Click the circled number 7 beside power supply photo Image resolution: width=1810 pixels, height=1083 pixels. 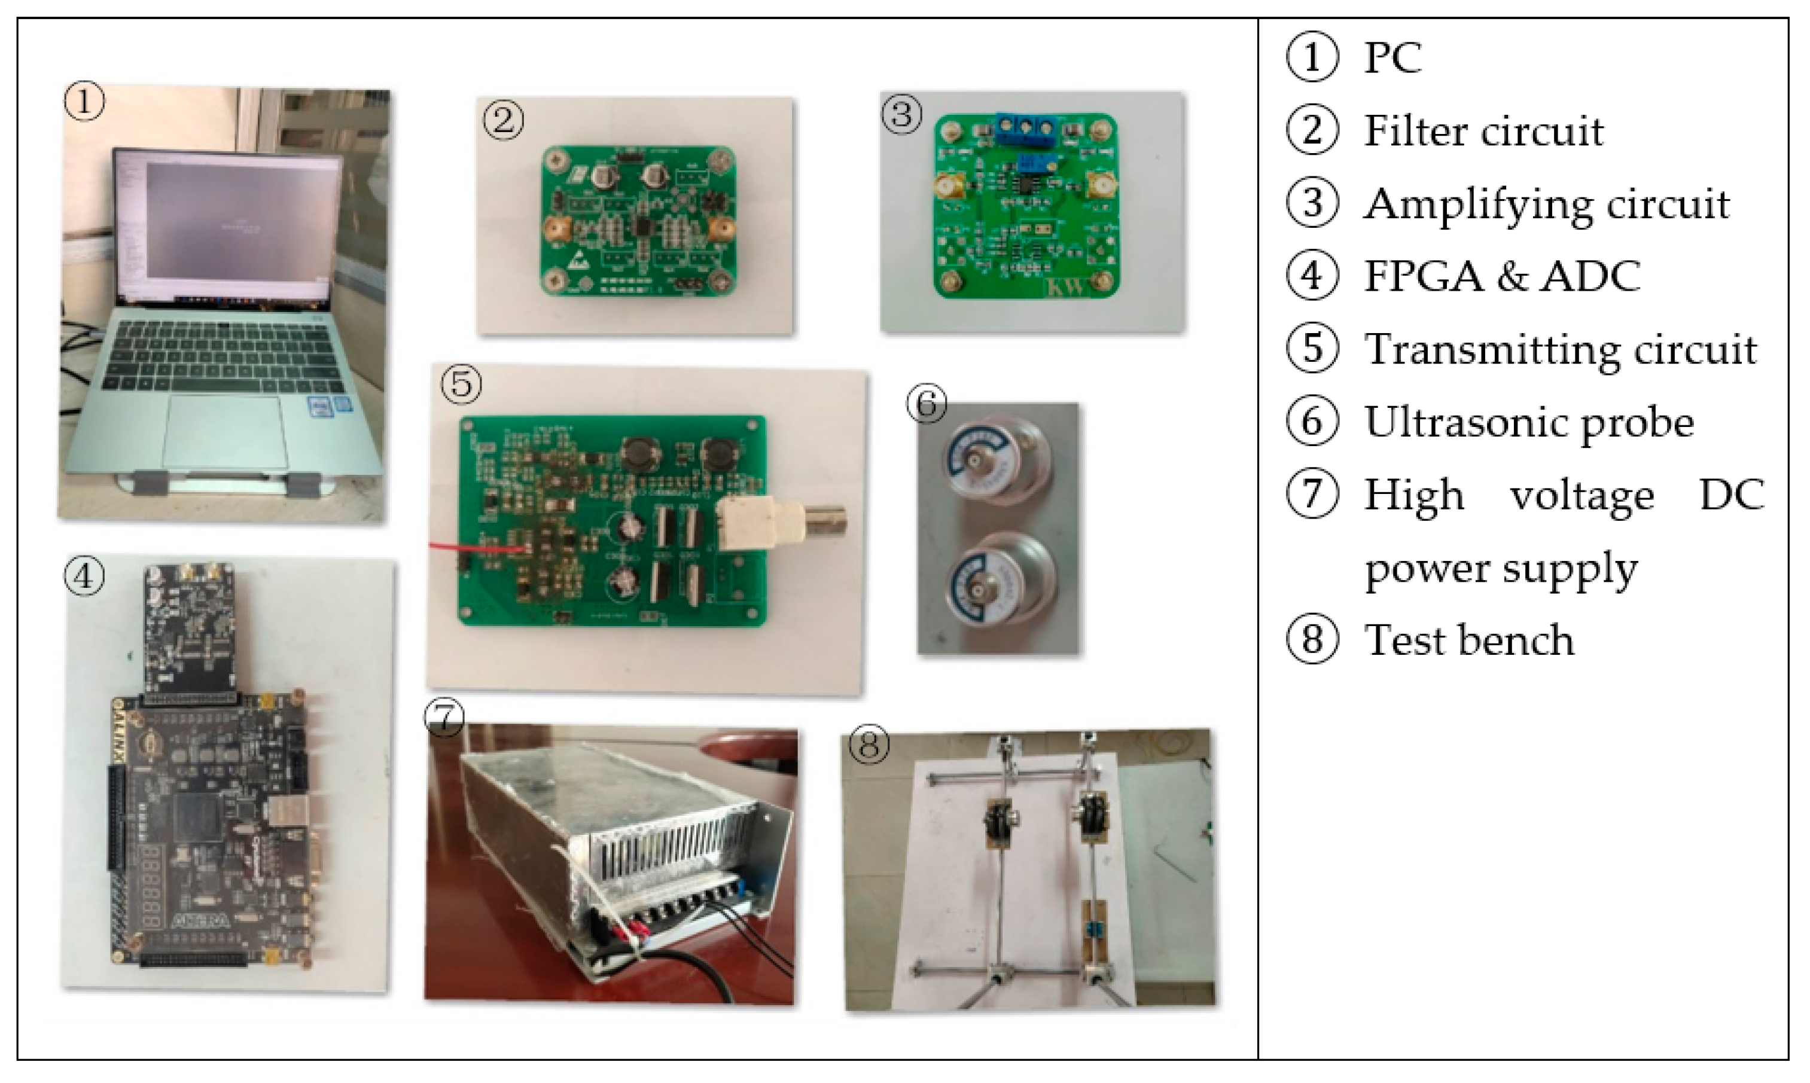coord(444,719)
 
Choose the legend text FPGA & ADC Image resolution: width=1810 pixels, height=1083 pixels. coord(1502,276)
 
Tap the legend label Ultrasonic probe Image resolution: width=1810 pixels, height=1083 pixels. coord(1528,422)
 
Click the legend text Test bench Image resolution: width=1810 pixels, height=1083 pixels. coord(1468,640)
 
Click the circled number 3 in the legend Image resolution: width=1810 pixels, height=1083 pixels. coord(1312,203)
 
